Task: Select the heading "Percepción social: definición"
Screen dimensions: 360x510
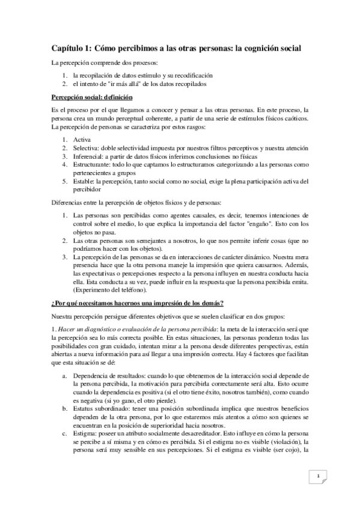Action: (x=92, y=98)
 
